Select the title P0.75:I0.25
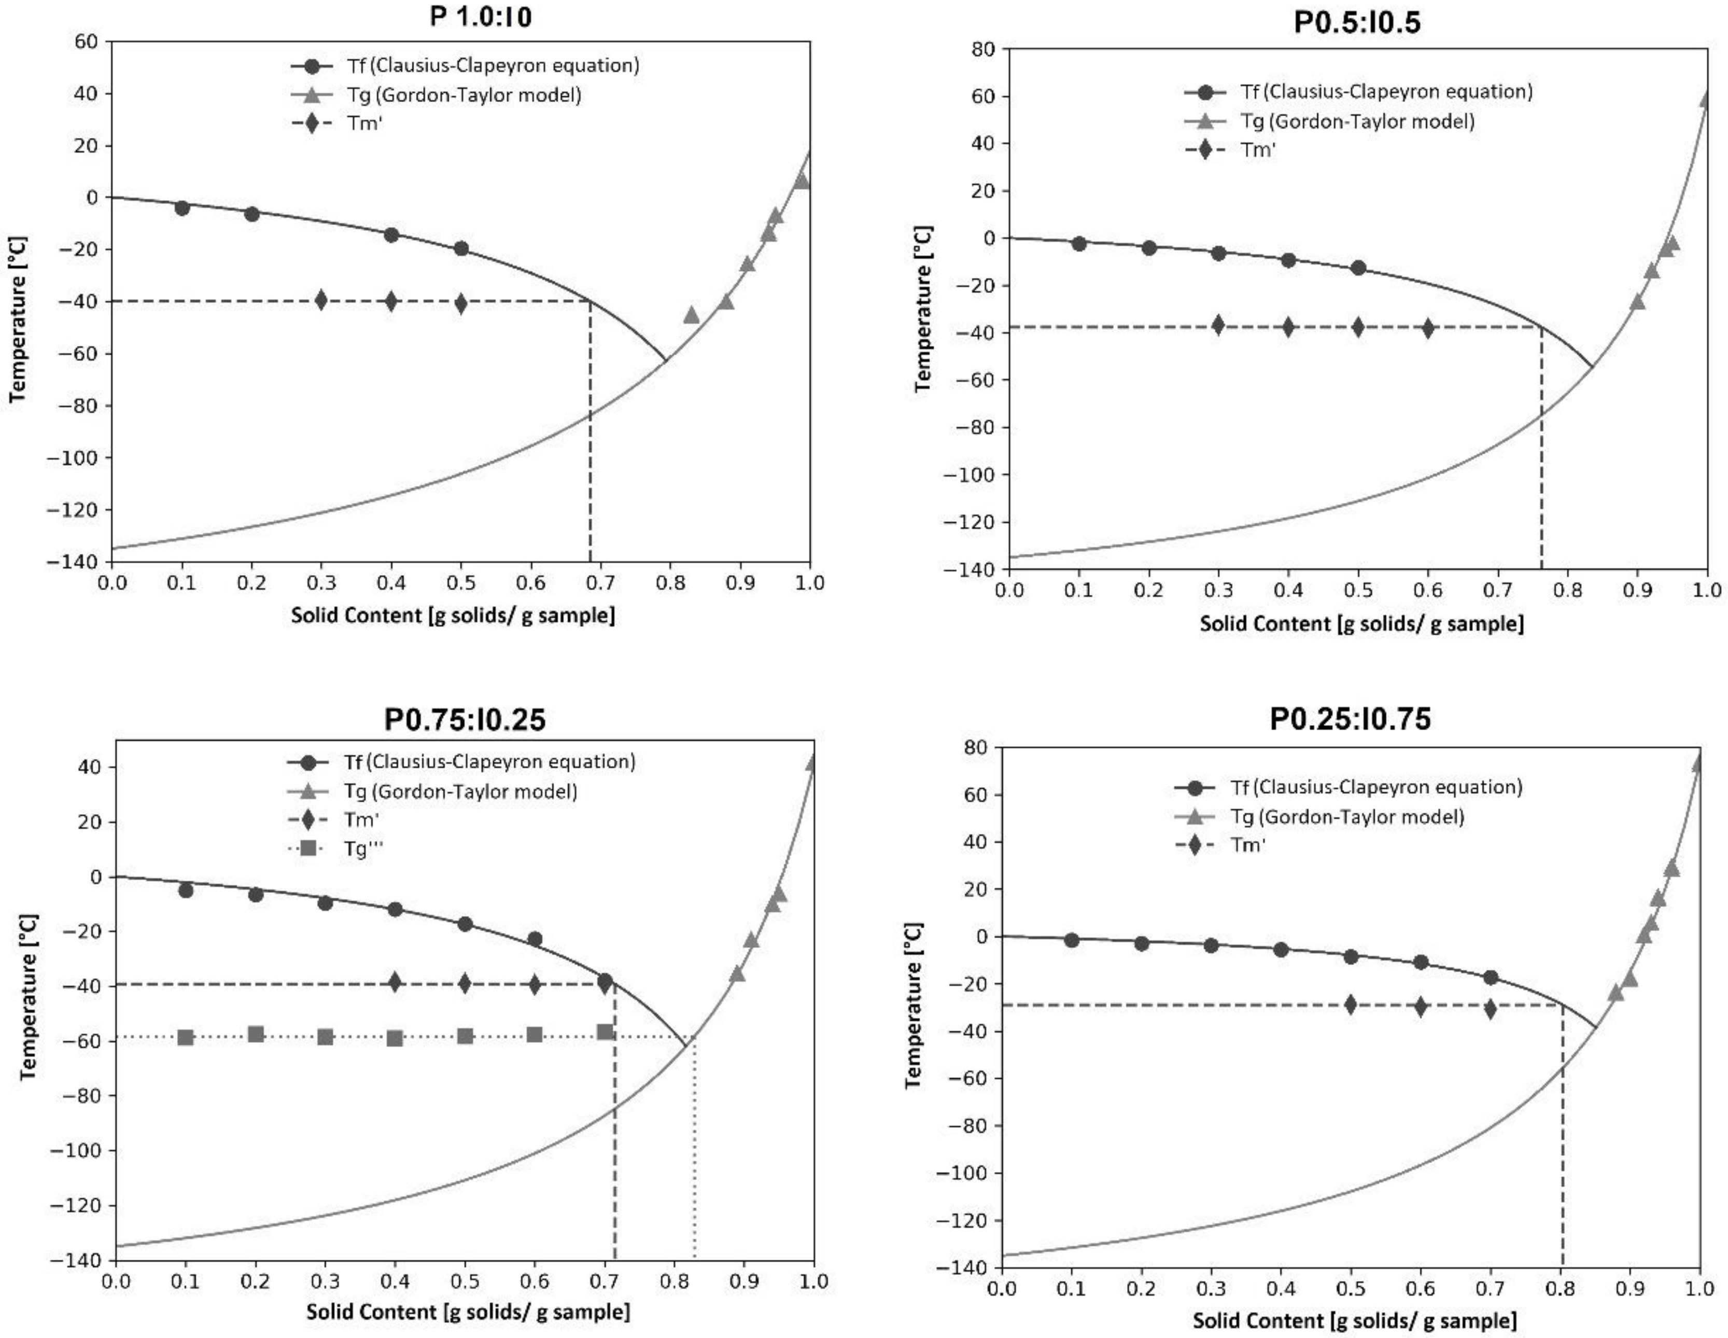coord(465,719)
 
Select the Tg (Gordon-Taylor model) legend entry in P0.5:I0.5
coord(1356,121)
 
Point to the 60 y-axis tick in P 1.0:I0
coord(86,41)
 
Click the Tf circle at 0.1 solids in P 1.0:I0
coord(182,208)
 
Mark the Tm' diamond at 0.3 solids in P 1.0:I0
coord(321,300)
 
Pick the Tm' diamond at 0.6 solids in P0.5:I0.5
coord(1428,328)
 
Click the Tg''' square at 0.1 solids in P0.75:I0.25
coord(186,1037)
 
